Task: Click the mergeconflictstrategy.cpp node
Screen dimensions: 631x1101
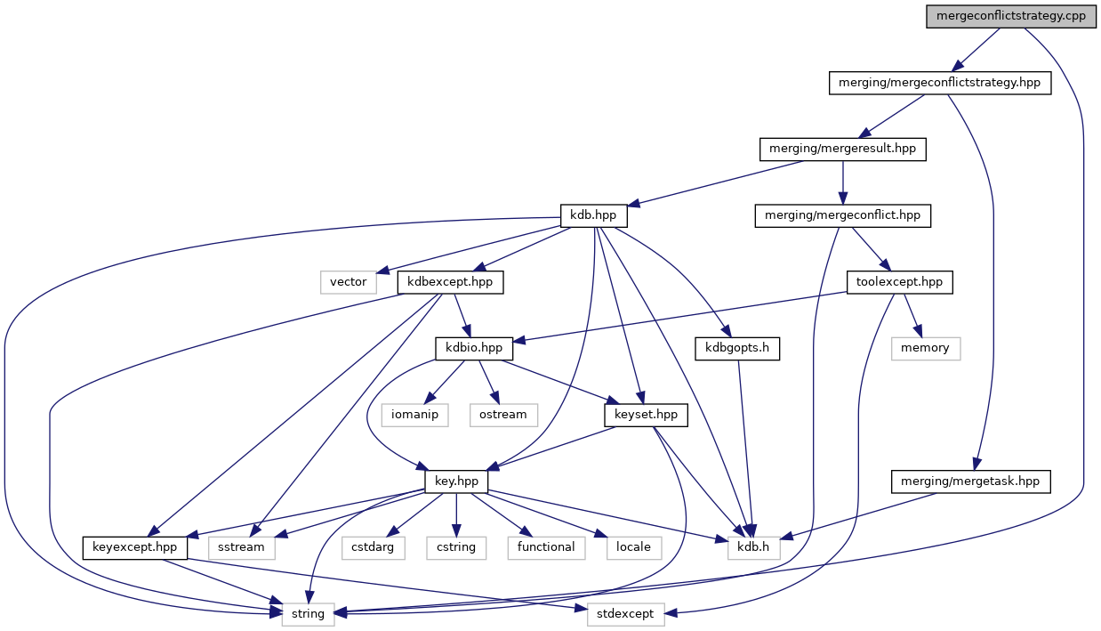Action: (1011, 17)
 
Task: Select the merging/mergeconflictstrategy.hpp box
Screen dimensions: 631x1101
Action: (940, 84)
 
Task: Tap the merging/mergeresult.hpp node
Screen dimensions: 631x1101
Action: (842, 150)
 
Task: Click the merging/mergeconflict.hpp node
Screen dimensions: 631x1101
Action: (842, 215)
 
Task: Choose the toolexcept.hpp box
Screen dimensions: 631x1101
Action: (899, 282)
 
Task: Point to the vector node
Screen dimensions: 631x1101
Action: (349, 282)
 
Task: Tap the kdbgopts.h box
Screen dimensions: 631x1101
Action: (737, 348)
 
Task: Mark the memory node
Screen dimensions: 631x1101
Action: (925, 348)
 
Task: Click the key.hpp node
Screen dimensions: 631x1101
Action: (456, 481)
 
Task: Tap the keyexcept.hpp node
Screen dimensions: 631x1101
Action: (135, 546)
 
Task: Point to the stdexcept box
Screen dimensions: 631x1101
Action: (625, 613)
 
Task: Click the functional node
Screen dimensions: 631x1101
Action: (546, 546)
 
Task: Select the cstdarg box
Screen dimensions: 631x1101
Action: (373, 546)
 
